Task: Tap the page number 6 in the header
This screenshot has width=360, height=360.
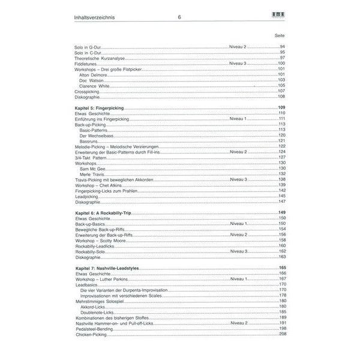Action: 179,18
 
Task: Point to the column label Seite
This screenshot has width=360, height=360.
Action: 279,35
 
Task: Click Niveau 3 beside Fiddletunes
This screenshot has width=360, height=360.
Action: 238,64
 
